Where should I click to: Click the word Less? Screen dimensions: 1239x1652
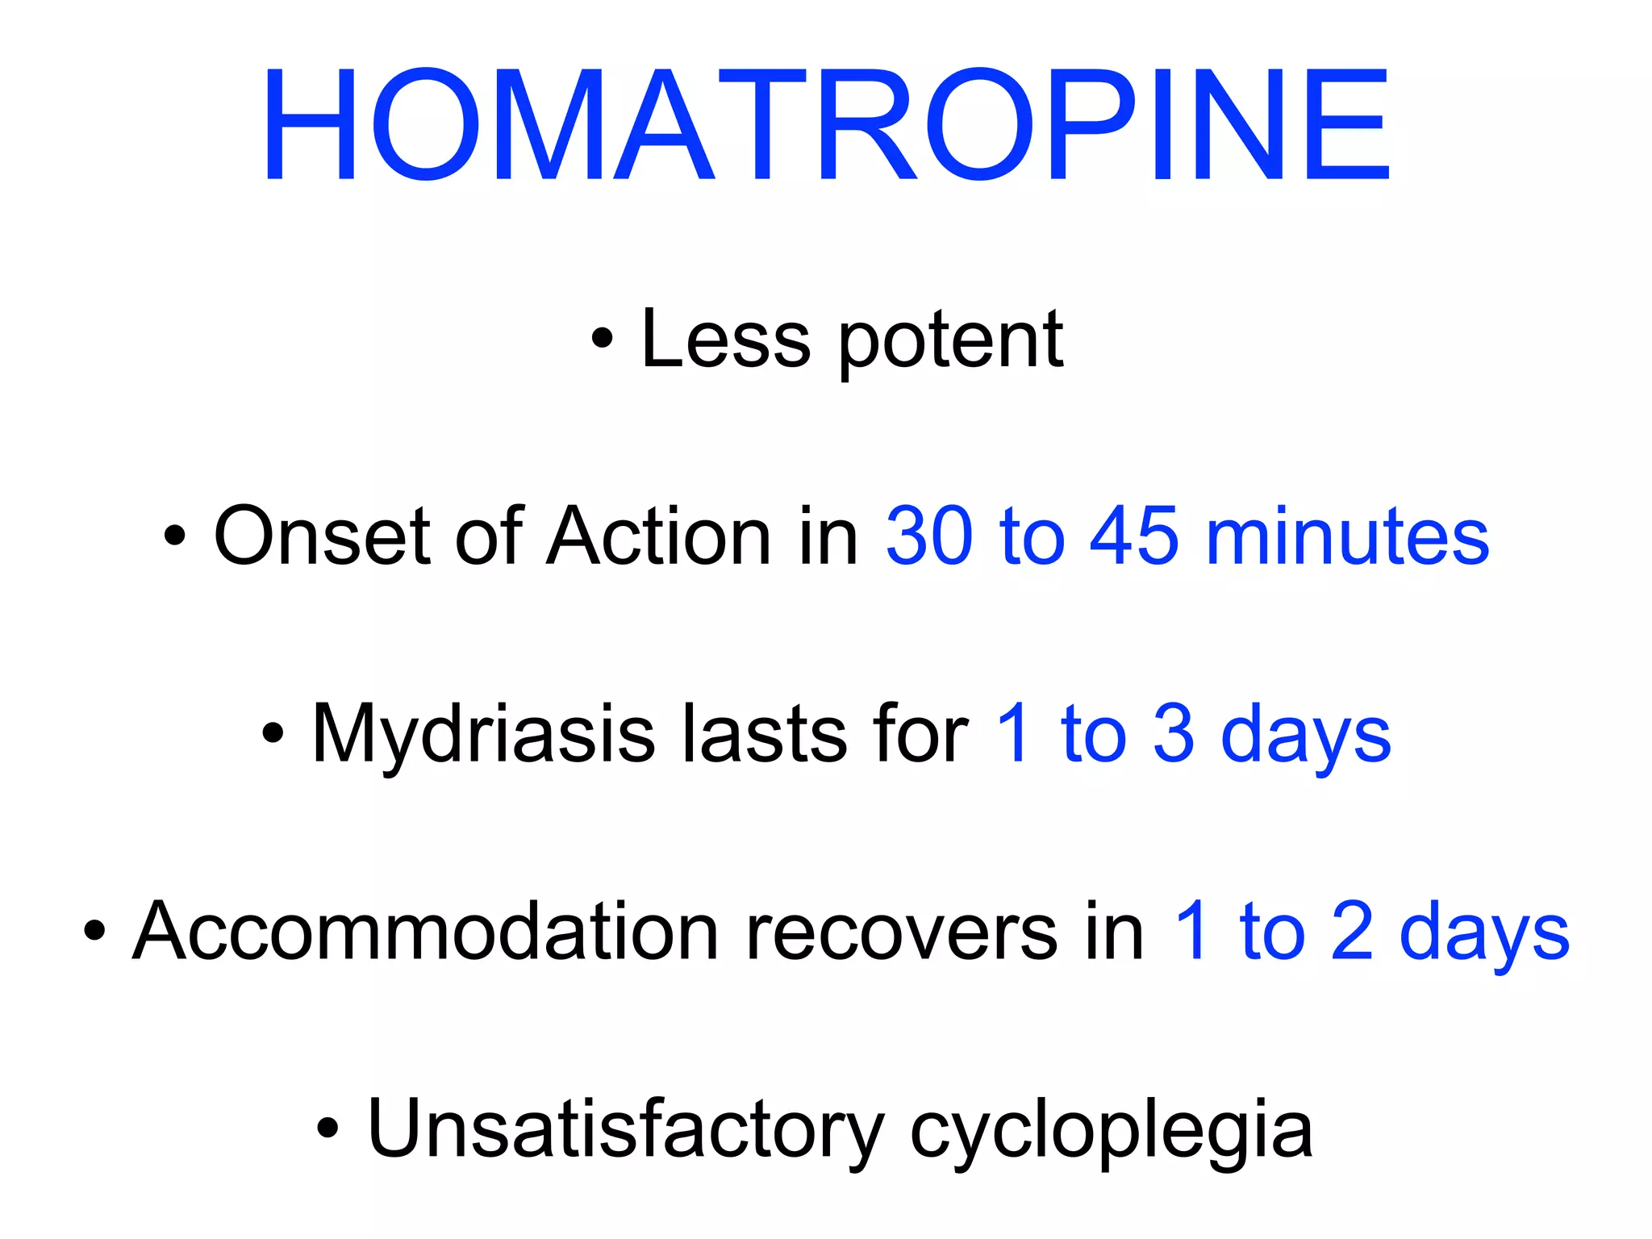725,340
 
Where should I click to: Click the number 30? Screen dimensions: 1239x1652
929,536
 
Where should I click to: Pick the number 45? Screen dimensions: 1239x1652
1134,536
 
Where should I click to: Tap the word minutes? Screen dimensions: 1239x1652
1348,536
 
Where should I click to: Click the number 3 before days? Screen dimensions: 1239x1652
1174,734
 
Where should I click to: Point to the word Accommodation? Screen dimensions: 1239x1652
425,932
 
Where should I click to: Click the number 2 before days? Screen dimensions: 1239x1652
1352,932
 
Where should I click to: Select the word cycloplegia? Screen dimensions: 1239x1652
1111,1133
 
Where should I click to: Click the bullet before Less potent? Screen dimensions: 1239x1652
602,339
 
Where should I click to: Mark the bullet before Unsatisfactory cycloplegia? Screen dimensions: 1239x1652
327,1128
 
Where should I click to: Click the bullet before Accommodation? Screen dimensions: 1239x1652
94,931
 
